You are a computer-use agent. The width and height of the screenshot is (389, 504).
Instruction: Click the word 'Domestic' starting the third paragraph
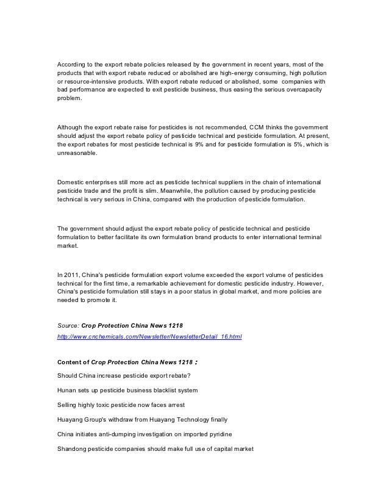click(x=70, y=181)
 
